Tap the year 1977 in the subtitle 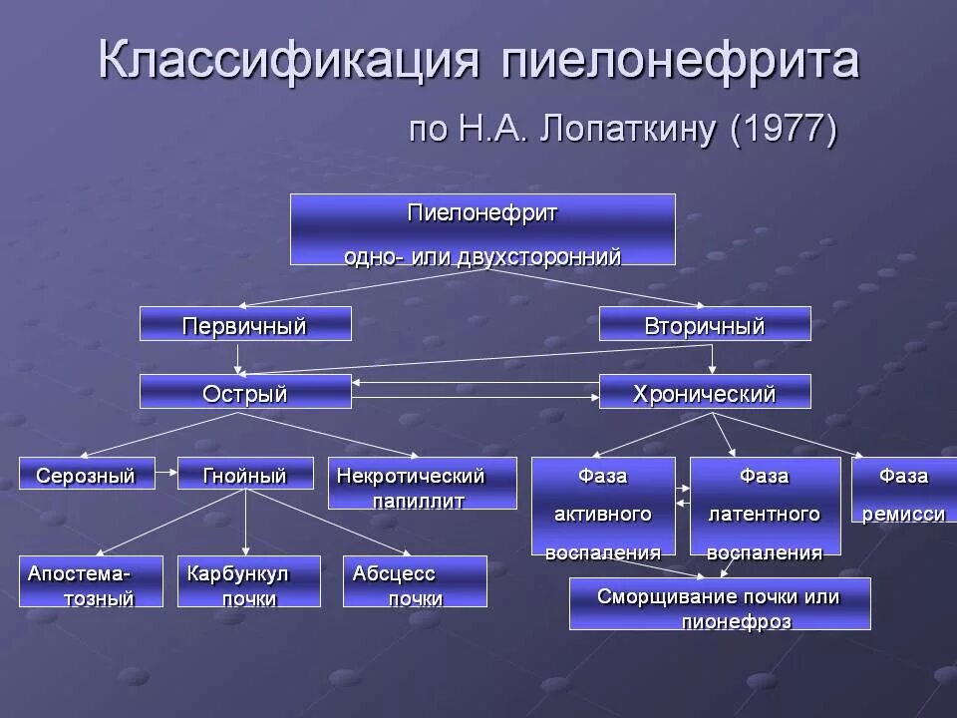(x=782, y=131)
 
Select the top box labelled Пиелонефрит (x=482, y=229)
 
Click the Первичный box (x=245, y=325)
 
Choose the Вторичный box (x=705, y=325)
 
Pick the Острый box (x=245, y=392)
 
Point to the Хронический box (x=705, y=392)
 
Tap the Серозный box (x=87, y=475)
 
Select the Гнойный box (x=244, y=475)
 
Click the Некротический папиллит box (x=422, y=484)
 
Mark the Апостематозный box (x=91, y=582)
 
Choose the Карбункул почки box (x=249, y=582)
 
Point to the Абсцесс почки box (x=415, y=582)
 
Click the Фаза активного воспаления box (x=603, y=507)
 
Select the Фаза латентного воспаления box (x=765, y=507)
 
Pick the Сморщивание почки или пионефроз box (x=720, y=604)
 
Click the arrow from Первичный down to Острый (x=239, y=358)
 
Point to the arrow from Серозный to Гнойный (x=167, y=475)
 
